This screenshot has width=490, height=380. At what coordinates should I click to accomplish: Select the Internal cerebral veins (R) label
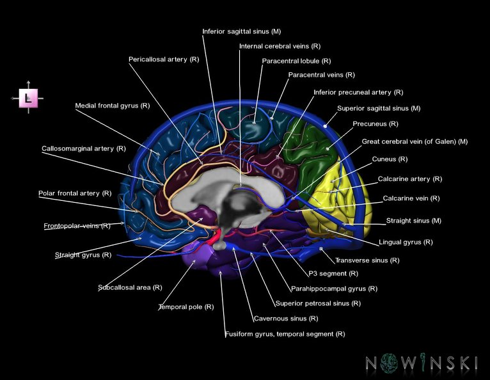[280, 47]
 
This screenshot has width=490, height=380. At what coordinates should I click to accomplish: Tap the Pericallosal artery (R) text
[164, 59]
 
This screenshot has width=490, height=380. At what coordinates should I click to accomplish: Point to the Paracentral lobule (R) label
[296, 61]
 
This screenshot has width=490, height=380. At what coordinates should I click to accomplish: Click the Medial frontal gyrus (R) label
[112, 106]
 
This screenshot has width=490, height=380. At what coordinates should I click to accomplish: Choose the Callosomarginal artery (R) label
[83, 148]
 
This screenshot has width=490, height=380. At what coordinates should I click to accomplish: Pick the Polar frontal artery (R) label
[74, 193]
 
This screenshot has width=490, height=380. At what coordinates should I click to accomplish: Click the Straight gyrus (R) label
[83, 255]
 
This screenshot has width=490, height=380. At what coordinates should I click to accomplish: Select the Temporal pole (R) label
[186, 307]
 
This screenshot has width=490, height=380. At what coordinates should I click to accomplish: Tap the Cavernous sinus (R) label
[285, 319]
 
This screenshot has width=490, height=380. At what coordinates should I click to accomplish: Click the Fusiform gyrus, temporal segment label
[285, 334]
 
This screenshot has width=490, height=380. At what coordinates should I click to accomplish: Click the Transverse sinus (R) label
[367, 260]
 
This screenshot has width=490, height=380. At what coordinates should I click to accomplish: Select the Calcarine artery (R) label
[409, 179]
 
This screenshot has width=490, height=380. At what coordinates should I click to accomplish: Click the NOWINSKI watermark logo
[422, 363]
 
